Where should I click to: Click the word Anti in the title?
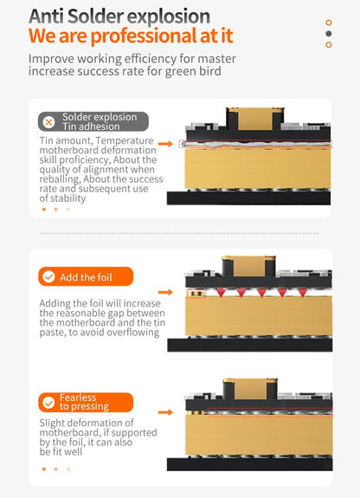[x=47, y=16]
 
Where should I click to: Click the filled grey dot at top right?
[x=329, y=34]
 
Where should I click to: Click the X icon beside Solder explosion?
[x=48, y=122]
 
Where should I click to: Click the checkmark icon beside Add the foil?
[x=48, y=276]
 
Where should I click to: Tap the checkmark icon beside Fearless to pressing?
[x=48, y=403]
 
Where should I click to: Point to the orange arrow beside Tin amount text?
[x=165, y=144]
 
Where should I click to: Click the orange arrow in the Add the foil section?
[x=165, y=292]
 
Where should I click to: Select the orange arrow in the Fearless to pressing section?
[x=165, y=412]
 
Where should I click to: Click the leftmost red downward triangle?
[x=221, y=293]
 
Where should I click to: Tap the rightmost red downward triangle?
[x=302, y=293]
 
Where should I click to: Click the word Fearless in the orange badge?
[x=78, y=398]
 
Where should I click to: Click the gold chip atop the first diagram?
[x=255, y=119]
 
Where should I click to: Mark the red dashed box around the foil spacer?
[x=196, y=294]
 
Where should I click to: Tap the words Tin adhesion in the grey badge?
[x=91, y=126]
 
